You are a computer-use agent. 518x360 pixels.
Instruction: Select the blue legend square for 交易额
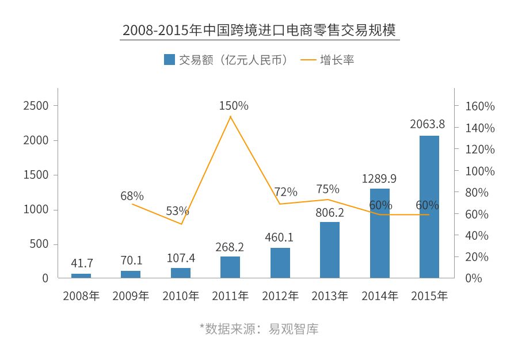point(169,60)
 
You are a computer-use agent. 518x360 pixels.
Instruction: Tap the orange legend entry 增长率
point(327,60)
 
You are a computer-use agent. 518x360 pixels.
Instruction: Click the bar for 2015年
point(429,207)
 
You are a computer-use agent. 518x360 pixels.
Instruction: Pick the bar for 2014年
point(379,233)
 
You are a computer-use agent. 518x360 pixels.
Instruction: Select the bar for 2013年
point(330,250)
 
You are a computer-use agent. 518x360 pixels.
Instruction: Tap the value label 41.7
point(82,263)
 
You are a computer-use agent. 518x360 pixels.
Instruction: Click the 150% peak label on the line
point(233,106)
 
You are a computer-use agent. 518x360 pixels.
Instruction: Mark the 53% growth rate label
point(177,211)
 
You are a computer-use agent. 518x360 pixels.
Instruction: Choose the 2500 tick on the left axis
point(36,106)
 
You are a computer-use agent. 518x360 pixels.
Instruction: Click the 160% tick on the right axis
point(479,106)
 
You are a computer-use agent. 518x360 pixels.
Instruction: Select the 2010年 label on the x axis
point(181,296)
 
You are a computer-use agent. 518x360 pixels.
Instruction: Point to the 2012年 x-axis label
point(280,296)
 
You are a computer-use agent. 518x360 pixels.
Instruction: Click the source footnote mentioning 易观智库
point(259,330)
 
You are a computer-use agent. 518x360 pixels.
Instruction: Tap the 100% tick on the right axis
point(479,171)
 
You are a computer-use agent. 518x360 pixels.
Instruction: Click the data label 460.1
point(279,237)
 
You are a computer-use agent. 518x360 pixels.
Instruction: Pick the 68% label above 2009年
point(132,196)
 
